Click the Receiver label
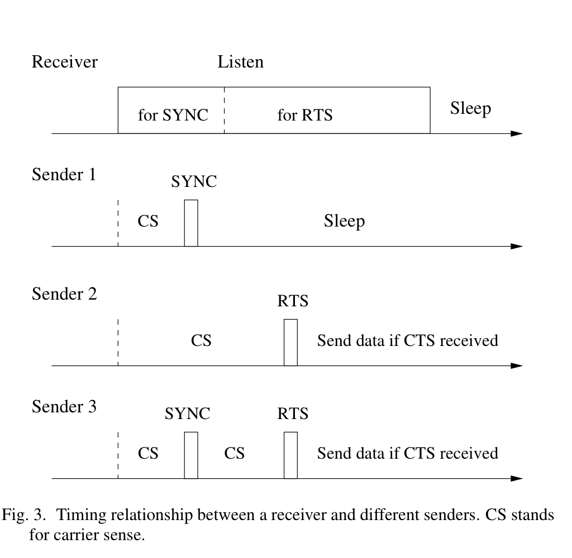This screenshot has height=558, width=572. coord(64,61)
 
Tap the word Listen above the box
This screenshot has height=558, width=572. coord(240,61)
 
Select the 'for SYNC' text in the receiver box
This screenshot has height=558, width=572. coord(173,116)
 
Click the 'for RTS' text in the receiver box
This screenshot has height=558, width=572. coord(304,116)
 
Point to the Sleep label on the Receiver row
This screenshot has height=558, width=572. coord(470,108)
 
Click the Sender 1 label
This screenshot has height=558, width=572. coord(64,175)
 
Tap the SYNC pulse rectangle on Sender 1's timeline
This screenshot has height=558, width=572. coord(191,223)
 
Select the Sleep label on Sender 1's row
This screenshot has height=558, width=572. coord(344,222)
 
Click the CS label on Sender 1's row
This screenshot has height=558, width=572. coord(148,222)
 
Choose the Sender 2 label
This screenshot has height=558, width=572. coord(64,294)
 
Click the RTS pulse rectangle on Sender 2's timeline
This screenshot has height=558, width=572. coord(290,342)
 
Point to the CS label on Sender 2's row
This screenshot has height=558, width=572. coord(201,340)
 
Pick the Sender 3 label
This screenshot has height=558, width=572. coord(64,406)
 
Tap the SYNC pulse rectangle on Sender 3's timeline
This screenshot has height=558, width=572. coord(191,455)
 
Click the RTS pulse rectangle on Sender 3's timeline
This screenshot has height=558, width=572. coord(290,455)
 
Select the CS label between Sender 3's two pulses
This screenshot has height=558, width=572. coord(235,453)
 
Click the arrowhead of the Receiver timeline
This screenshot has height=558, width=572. coord(517,134)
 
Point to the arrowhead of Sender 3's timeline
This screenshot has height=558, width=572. coord(517,478)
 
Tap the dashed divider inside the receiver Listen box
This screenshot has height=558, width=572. coord(224,110)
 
